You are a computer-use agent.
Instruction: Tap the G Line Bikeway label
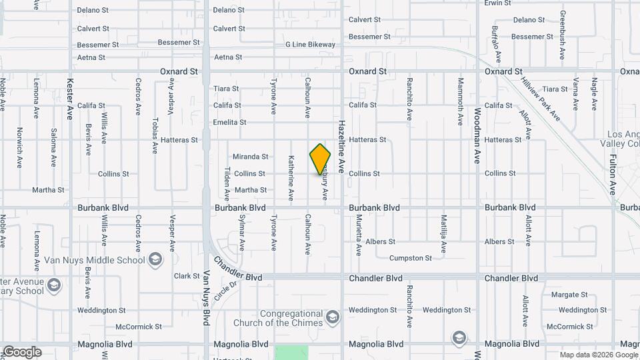pos(310,45)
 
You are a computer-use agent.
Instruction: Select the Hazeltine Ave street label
pos(341,146)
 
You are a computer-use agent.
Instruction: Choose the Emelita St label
pos(229,123)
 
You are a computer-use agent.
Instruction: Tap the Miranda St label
pos(250,157)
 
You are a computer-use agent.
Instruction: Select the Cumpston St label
pos(411,258)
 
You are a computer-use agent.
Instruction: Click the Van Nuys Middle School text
pos(95,260)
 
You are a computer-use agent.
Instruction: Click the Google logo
pos(21,351)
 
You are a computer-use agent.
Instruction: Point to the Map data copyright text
pos(599,354)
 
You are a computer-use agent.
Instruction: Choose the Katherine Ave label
pos(291,177)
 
